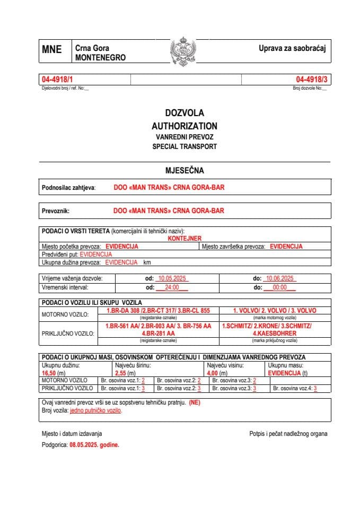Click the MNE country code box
[x=52, y=50]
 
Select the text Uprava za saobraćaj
[x=292, y=48]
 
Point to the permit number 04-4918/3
[x=312, y=80]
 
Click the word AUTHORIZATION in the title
[x=184, y=126]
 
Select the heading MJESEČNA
[x=184, y=171]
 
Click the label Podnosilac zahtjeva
[x=68, y=188]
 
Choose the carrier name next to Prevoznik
[x=169, y=210]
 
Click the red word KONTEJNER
[x=184, y=239]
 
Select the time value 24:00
[x=172, y=287]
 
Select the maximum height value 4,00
[x=214, y=373]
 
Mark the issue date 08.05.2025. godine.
[x=94, y=445]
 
